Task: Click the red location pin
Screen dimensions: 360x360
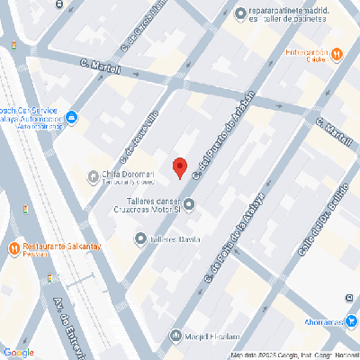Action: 179,168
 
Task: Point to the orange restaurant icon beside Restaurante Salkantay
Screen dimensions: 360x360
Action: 14,247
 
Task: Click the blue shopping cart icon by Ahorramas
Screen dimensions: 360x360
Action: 354,319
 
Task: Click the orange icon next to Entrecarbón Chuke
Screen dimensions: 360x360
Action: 337,54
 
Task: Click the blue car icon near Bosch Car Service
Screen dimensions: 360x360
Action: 71,118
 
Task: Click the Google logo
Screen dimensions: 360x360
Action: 18,352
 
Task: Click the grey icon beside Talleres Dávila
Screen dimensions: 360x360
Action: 140,238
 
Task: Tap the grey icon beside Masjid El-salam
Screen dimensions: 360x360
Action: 175,337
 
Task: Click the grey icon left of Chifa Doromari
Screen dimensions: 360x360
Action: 93,175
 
